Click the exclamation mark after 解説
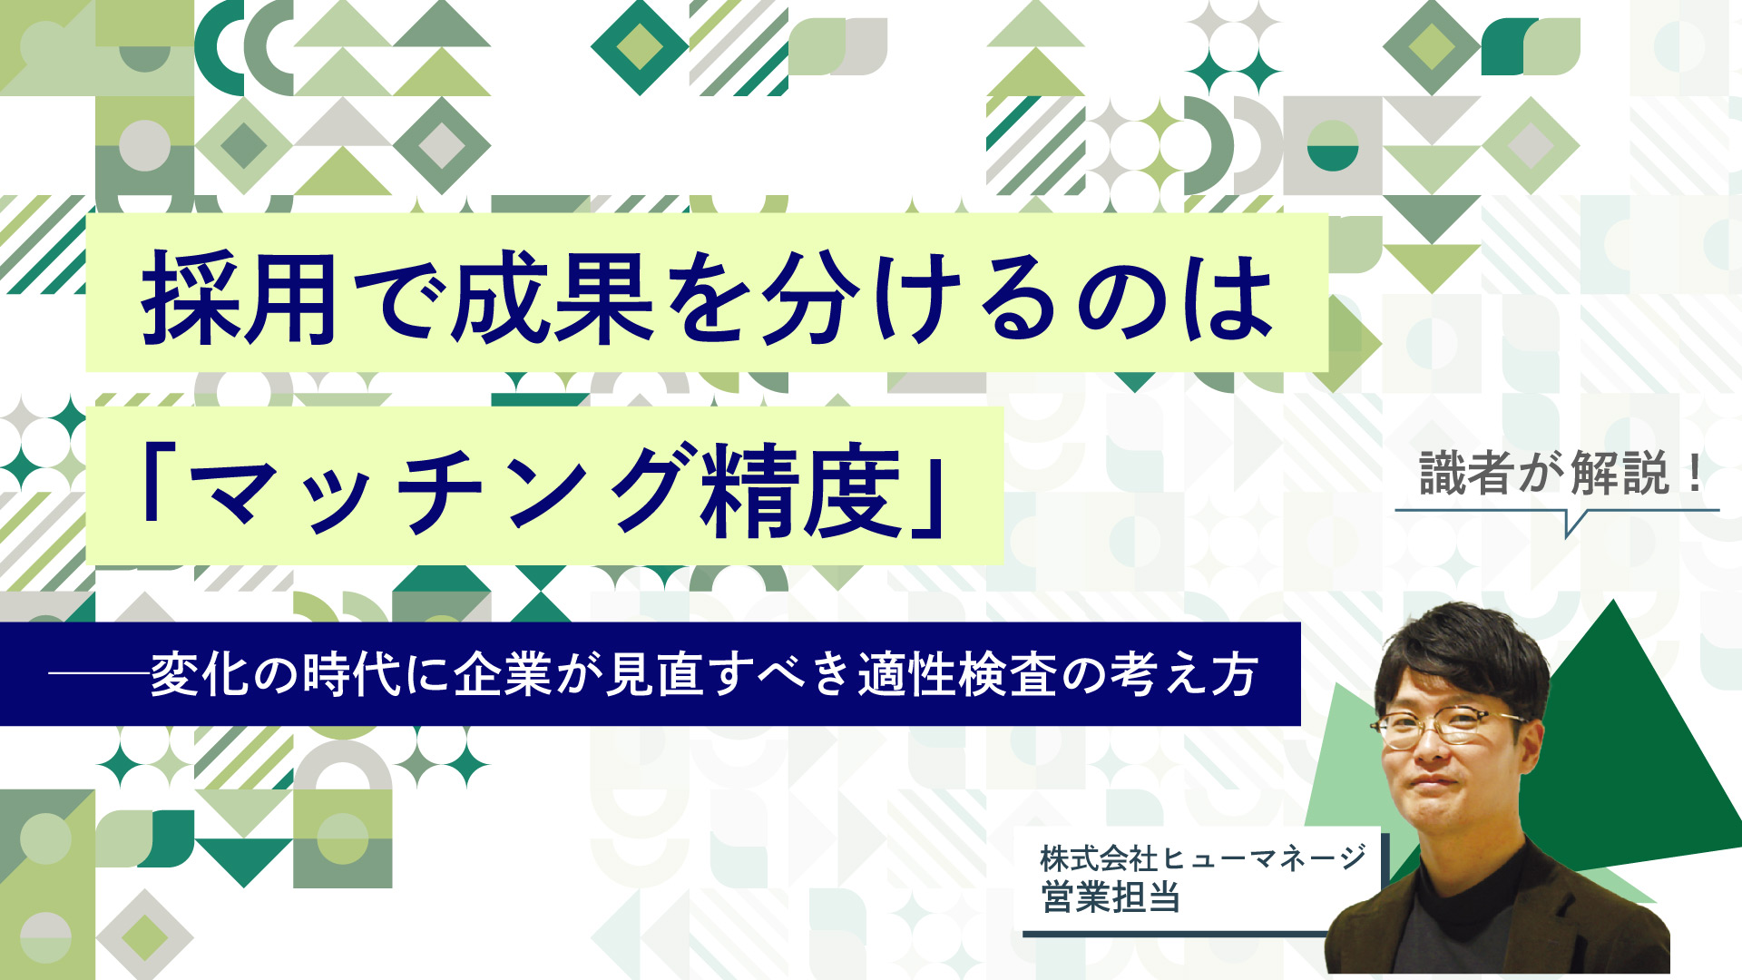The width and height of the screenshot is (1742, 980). (1693, 475)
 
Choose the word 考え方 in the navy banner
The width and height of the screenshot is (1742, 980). (1184, 674)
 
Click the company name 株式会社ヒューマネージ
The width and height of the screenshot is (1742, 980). (1203, 857)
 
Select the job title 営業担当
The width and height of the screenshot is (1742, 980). (1111, 897)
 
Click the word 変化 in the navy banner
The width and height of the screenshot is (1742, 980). (201, 674)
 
